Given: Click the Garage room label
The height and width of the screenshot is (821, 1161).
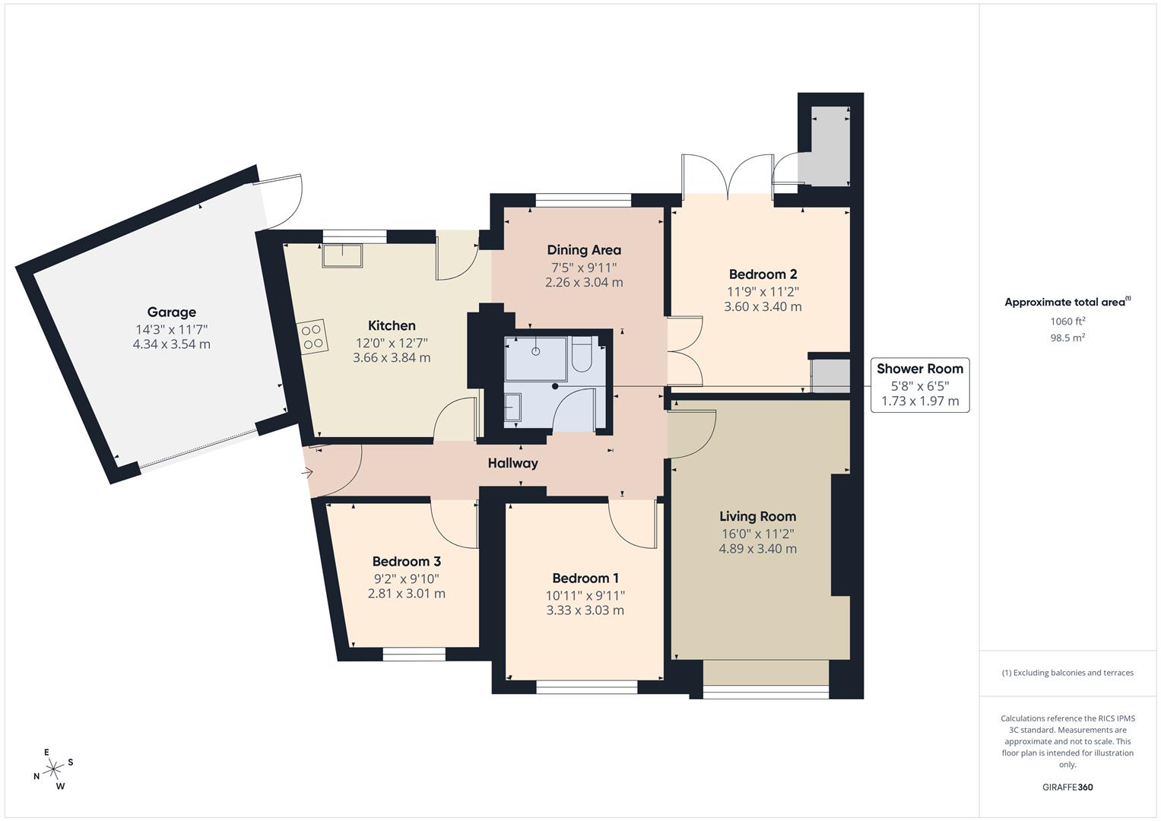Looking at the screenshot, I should (x=171, y=312).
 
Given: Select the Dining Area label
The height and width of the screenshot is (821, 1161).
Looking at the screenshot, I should (x=584, y=249).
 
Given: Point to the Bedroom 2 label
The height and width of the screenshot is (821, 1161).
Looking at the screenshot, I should (x=763, y=274).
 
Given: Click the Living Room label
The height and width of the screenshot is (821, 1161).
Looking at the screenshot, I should (x=757, y=517).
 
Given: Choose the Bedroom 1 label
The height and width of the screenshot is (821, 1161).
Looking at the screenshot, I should (x=585, y=579).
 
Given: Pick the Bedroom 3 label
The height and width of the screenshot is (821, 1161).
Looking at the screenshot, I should (x=406, y=562).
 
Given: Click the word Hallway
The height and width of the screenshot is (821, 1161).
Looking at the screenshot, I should (x=512, y=463).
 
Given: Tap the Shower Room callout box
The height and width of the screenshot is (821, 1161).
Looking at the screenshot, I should (x=919, y=385).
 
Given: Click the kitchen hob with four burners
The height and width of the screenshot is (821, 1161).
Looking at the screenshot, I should (x=312, y=336).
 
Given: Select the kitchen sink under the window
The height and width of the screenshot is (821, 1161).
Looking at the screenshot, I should (x=342, y=255).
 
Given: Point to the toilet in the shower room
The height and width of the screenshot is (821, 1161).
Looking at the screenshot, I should (x=582, y=357).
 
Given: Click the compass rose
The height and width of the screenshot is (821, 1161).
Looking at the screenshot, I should (x=54, y=769).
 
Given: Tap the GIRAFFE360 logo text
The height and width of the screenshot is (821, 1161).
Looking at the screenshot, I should (x=1067, y=788).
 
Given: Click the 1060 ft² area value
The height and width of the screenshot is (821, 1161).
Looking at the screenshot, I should (x=1067, y=322).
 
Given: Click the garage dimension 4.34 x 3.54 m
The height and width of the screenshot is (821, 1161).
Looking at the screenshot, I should (x=171, y=344).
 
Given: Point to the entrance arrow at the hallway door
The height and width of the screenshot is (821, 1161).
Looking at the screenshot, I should (x=308, y=474).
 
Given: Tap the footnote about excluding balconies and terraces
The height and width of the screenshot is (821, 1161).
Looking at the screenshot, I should (x=1067, y=673).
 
